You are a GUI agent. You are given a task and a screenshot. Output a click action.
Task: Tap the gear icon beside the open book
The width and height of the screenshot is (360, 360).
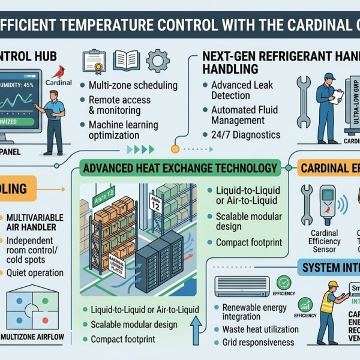click(157, 61)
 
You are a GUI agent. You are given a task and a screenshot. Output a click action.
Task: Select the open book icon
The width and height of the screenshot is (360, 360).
click(127, 61)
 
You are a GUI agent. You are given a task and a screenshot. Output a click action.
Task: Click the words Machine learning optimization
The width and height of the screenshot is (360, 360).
click(123, 130)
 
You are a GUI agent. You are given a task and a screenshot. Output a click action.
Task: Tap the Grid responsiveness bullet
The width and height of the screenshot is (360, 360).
click(257, 343)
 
